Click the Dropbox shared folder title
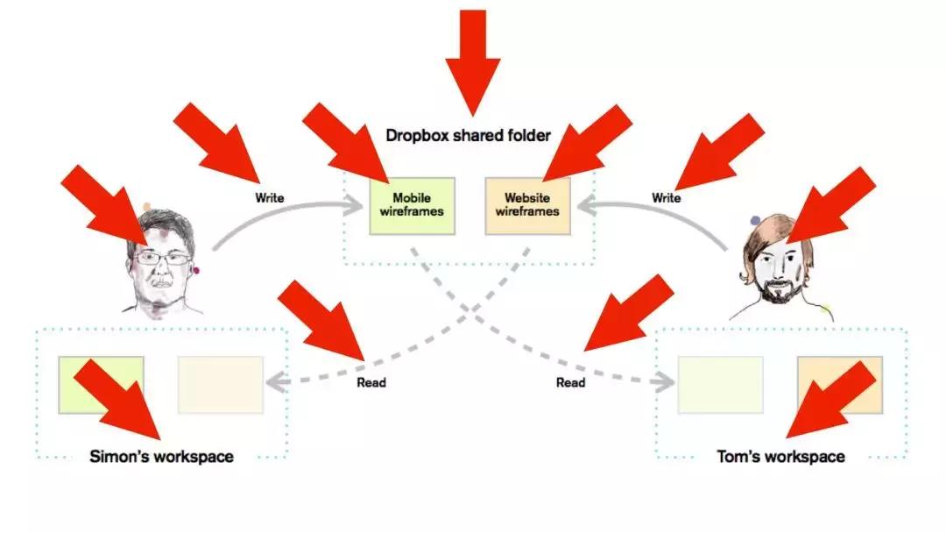point(469,135)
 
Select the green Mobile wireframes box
point(411,205)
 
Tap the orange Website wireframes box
point(527,205)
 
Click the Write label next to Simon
point(270,198)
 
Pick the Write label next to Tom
point(666,198)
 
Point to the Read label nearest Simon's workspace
point(371,382)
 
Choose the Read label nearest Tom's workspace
point(571,382)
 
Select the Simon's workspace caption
point(162,457)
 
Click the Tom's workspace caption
point(780,457)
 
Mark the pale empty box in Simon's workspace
point(221,384)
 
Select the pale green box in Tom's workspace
point(720,384)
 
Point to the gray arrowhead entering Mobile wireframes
point(355,208)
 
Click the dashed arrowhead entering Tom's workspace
point(666,383)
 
